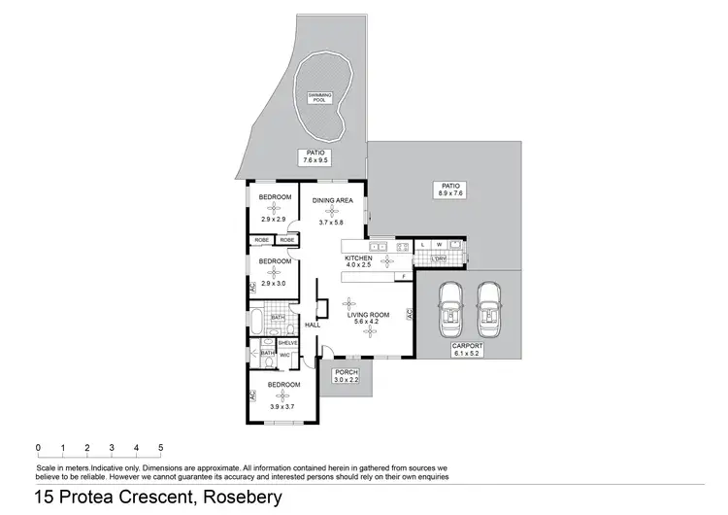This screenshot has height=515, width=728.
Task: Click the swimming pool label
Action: pyautogui.click(x=319, y=97)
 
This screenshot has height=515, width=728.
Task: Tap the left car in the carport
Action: pyautogui.click(x=450, y=306)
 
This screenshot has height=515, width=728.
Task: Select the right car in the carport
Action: pyautogui.click(x=488, y=306)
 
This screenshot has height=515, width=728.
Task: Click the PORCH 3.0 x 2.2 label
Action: pyautogui.click(x=345, y=375)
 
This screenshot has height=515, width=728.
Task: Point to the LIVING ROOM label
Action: pyautogui.click(x=370, y=315)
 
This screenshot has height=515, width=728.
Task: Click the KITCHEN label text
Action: pyautogui.click(x=359, y=257)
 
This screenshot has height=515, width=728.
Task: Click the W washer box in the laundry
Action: pyautogui.click(x=439, y=244)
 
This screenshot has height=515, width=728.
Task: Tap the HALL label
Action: pyautogui.click(x=313, y=325)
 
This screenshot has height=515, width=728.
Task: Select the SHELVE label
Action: pyautogui.click(x=287, y=342)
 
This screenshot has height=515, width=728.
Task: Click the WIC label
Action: pyautogui.click(x=285, y=355)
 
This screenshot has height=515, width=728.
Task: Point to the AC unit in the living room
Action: pyautogui.click(x=410, y=314)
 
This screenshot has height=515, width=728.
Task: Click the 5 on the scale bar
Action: pyautogui.click(x=160, y=447)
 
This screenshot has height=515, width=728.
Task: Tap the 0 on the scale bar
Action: pyautogui.click(x=38, y=447)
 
